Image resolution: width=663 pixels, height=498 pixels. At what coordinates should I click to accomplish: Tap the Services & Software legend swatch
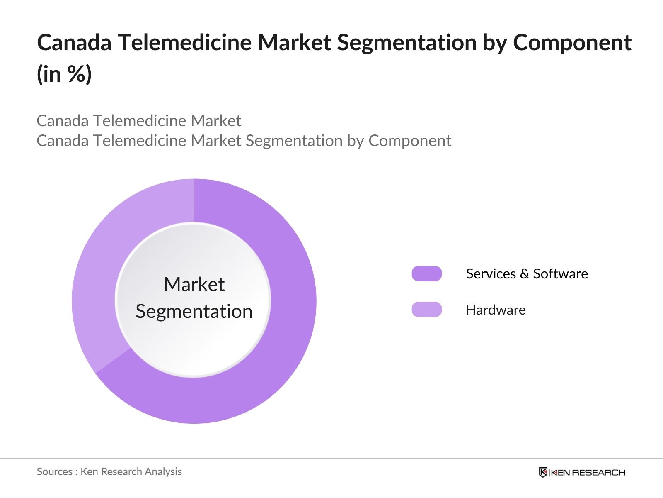(426, 274)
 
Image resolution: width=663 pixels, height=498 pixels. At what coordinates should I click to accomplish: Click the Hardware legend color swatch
(426, 310)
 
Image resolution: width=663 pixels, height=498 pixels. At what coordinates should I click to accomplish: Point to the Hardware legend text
(496, 310)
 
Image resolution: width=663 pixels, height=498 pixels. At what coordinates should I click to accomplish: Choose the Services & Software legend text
(527, 274)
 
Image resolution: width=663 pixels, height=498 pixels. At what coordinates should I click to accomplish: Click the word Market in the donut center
(194, 285)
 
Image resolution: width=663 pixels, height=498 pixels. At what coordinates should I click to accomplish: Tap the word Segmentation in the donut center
(194, 311)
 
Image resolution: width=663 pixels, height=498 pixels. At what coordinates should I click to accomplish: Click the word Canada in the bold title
(74, 43)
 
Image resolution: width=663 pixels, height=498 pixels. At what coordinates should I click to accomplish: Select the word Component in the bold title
(572, 43)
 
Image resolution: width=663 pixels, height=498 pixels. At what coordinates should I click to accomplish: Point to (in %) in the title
(64, 74)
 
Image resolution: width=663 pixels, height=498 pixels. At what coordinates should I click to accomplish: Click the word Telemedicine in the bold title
(184, 43)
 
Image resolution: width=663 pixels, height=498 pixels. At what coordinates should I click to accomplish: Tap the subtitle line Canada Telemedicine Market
(139, 121)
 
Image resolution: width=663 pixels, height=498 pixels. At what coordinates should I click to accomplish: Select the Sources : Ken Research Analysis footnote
(109, 471)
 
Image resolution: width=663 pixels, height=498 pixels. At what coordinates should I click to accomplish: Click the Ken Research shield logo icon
(542, 472)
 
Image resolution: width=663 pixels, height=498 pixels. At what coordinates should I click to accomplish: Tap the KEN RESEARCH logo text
(588, 472)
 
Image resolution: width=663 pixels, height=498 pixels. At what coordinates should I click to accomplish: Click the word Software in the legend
(560, 274)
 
